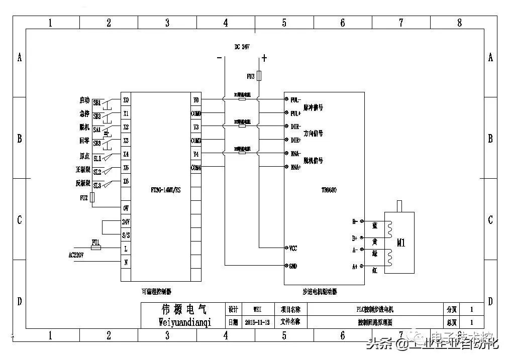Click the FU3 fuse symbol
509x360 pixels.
pos(259,76)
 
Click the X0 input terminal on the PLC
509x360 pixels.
pos(126,100)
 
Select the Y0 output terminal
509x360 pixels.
pos(196,100)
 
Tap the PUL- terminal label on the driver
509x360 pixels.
pos(295,100)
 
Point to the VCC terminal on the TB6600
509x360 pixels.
pos(293,248)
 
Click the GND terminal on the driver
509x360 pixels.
pos(293,266)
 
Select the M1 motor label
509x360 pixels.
pos(401,243)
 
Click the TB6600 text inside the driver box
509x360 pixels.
pos(329,190)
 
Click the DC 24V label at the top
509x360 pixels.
pos(242,46)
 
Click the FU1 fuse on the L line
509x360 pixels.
pos(95,248)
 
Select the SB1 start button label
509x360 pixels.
pos(97,102)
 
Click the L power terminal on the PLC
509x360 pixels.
pos(126,248)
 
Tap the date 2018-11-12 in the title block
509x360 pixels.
pos(258,322)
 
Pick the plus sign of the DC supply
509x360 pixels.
pos(264,58)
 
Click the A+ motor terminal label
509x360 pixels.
pos(355,267)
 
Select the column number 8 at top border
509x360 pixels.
pos(459,23)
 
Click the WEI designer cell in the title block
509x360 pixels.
pos(258,309)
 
